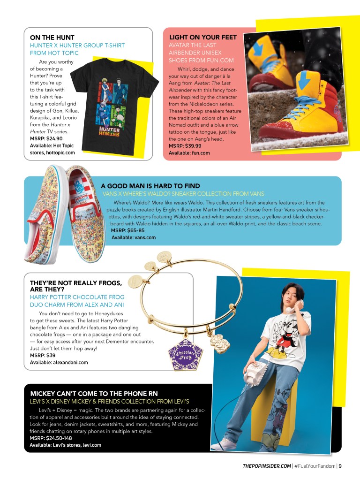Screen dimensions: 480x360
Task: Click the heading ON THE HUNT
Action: (x=52, y=37)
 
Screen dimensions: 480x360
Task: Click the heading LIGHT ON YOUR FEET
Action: (x=203, y=37)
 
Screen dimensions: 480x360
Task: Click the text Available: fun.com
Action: (x=189, y=153)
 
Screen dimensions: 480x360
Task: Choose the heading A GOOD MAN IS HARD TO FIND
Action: (x=150, y=186)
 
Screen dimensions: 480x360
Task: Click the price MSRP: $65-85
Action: (x=127, y=231)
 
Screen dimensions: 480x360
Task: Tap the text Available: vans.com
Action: (x=133, y=238)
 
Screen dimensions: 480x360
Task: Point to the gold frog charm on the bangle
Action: (x=219, y=343)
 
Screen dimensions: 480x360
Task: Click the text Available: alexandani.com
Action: (x=59, y=362)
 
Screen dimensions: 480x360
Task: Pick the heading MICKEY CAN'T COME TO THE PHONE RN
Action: (x=94, y=393)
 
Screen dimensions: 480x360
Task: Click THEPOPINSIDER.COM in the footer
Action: (x=266, y=466)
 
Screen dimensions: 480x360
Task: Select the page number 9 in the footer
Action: (x=340, y=466)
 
